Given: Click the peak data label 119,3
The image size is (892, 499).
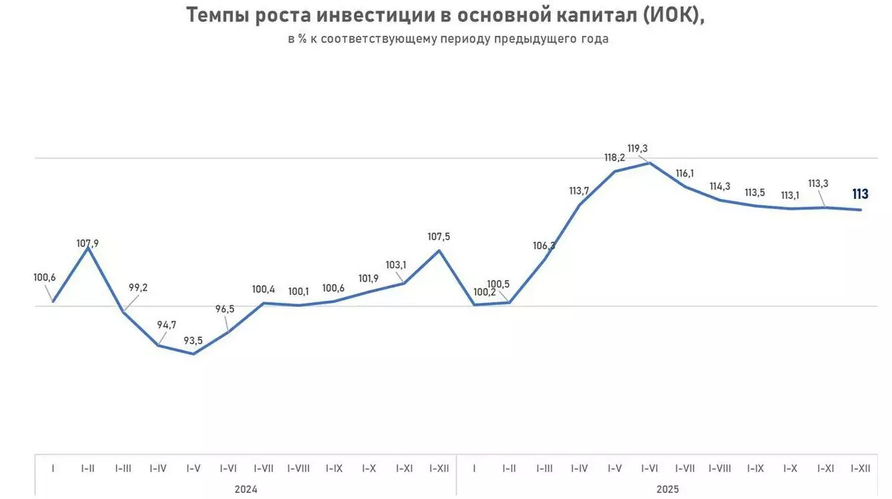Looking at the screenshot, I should click(638, 149).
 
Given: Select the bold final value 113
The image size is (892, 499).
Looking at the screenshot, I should click(860, 195).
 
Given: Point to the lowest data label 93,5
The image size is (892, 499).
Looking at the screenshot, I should click(193, 341).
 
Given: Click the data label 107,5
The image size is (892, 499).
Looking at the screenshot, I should click(439, 237).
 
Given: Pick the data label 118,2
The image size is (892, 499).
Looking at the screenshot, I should click(614, 157).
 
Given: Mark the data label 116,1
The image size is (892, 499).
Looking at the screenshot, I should click(685, 173).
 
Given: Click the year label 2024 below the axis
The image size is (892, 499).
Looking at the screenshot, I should click(246, 489).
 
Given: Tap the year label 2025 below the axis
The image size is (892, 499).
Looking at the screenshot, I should click(668, 489).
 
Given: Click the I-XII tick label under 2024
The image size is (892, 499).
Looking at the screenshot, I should click(439, 469).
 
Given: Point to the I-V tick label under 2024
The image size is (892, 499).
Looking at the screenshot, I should click(193, 469).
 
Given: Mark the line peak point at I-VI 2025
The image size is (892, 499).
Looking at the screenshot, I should click(650, 163).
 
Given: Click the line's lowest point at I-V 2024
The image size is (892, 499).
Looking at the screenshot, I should click(193, 353).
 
